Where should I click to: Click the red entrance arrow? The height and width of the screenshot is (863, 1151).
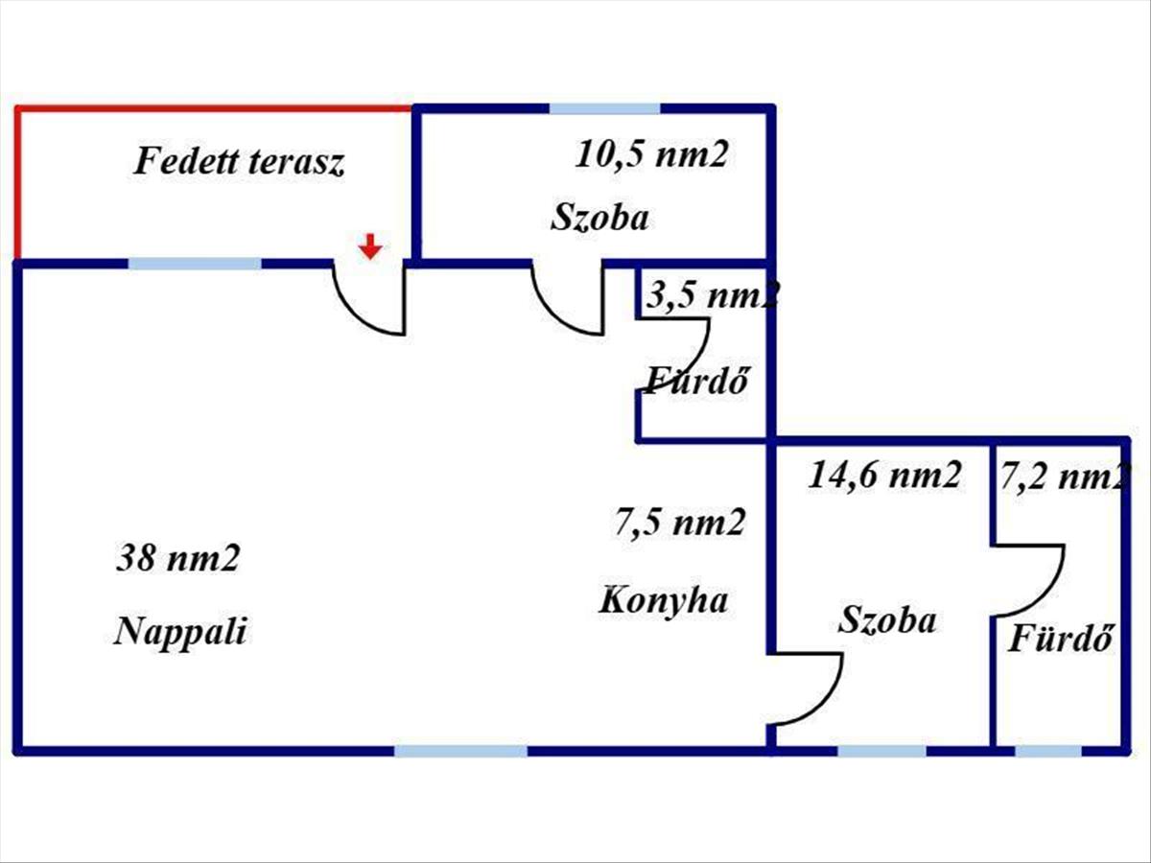click(x=370, y=246)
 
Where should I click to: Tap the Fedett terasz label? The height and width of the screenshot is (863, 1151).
click(x=239, y=161)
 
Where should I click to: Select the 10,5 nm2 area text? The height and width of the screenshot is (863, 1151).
click(x=651, y=154)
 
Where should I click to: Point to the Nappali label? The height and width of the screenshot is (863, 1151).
click(x=180, y=631)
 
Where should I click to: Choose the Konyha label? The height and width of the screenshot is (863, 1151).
click(x=663, y=600)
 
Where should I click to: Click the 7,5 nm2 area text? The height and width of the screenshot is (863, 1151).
click(x=679, y=523)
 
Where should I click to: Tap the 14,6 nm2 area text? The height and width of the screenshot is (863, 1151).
click(x=884, y=476)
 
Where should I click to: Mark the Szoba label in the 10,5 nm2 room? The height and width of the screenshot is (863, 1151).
click(x=599, y=217)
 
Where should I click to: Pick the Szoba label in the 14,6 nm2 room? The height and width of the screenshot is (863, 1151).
click(x=886, y=619)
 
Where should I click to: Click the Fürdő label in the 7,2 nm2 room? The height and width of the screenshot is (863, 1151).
click(x=1060, y=638)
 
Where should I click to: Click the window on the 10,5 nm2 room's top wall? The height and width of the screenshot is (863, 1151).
click(x=604, y=109)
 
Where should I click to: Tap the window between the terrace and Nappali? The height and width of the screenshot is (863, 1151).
click(x=195, y=264)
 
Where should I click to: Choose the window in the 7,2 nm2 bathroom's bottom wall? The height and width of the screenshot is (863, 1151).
click(x=1048, y=751)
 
